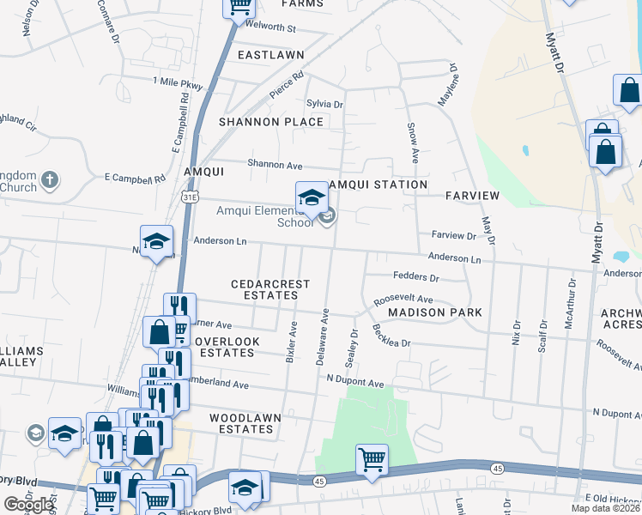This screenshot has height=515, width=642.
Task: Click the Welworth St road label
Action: [270, 28]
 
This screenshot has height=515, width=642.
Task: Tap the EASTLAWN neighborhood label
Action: [271, 55]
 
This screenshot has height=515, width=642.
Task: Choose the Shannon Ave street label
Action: [276, 164]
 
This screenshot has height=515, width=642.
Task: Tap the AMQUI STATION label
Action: [378, 185]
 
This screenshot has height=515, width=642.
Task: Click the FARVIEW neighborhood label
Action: [472, 196]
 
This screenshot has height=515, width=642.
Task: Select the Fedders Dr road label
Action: [415, 278]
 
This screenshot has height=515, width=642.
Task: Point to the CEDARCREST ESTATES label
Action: [264, 289]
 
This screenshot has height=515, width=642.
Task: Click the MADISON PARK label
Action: [434, 312]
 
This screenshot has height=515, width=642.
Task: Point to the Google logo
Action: [28, 505]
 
